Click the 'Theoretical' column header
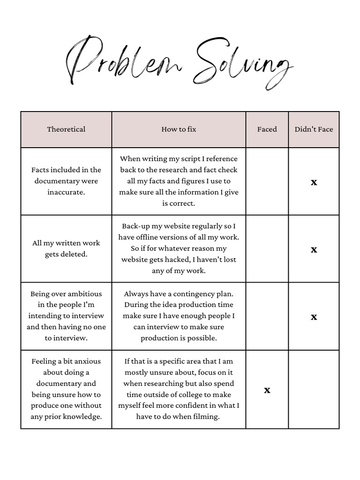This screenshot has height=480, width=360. [66, 129]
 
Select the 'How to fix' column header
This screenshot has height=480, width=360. [179, 129]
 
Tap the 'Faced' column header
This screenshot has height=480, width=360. [267, 129]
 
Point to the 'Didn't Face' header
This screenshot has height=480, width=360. [314, 129]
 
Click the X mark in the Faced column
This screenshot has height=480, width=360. [267, 390]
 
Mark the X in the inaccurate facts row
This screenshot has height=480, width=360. [314, 182]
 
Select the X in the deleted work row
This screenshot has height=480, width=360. [314, 250]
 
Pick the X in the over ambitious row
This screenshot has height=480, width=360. [314, 317]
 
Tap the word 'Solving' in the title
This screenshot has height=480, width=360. [241, 66]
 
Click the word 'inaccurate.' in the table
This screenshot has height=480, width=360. [66, 192]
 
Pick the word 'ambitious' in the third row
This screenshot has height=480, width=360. [84, 294]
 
